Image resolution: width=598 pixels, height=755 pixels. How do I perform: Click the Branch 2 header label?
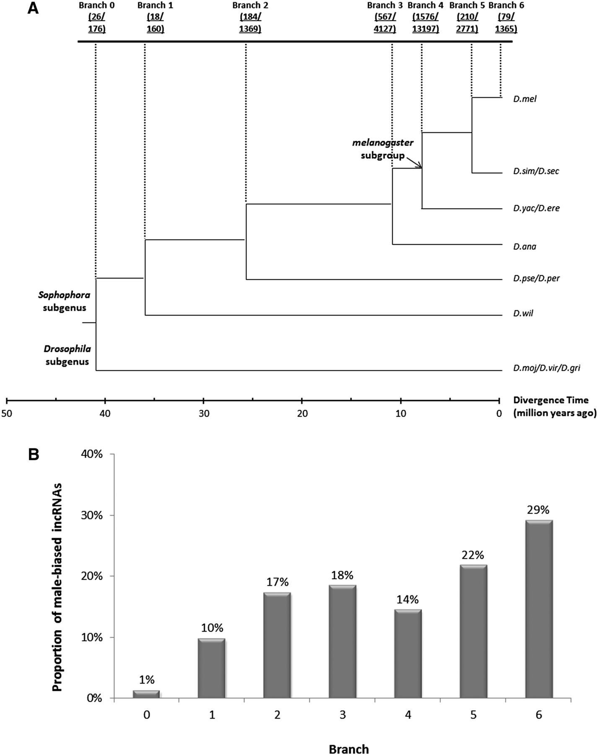pyautogui.click(x=250, y=5)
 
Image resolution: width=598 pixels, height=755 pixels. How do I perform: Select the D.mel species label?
pyautogui.click(x=525, y=99)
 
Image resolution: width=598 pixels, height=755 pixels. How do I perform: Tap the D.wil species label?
pyautogui.click(x=523, y=313)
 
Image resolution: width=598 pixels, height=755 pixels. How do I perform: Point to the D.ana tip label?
pyautogui.click(x=525, y=246)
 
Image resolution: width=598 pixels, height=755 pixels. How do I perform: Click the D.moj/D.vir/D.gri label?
pyautogui.click(x=546, y=368)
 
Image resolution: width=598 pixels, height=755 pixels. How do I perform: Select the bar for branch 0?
pyautogui.click(x=146, y=694)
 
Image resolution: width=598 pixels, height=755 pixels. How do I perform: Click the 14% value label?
pyautogui.click(x=408, y=599)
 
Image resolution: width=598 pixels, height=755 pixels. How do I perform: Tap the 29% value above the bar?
pyautogui.click(x=538, y=510)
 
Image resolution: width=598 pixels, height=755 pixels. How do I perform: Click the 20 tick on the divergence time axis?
pyautogui.click(x=302, y=413)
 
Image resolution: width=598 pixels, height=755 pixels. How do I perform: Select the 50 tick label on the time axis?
pyautogui.click(x=7, y=413)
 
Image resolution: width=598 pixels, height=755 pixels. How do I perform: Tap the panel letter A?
pyautogui.click(x=33, y=9)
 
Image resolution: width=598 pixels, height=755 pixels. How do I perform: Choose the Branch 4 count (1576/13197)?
pyautogui.click(x=425, y=23)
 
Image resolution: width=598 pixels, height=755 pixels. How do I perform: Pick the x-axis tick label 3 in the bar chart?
pyautogui.click(x=342, y=715)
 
